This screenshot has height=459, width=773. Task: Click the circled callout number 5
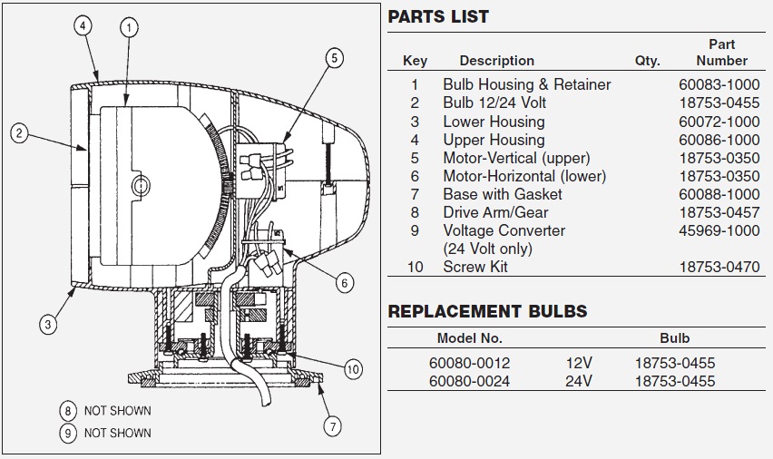[x=334, y=58]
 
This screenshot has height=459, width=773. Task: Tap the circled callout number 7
[x=332, y=426]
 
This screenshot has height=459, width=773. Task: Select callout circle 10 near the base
[x=353, y=369]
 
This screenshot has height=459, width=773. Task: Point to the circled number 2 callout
[x=19, y=133]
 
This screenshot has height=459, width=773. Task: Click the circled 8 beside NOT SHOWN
[x=68, y=411]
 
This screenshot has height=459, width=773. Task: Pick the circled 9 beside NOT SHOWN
[x=68, y=434]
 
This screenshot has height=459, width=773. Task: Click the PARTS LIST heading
[x=438, y=16]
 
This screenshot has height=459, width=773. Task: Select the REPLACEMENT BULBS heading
[x=487, y=311]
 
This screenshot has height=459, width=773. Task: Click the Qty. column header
[x=647, y=61]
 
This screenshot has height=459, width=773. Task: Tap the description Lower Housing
[x=494, y=122]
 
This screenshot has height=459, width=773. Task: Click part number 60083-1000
[x=719, y=84]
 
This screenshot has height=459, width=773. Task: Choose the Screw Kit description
[x=475, y=267]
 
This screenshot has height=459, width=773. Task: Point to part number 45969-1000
[x=719, y=230]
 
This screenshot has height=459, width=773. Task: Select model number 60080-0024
[x=469, y=381]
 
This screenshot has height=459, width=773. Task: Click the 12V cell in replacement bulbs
[x=579, y=364]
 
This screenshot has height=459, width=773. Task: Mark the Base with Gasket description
[x=503, y=194]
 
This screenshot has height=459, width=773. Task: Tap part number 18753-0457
[x=719, y=212]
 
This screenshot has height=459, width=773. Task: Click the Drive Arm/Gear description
[x=495, y=212]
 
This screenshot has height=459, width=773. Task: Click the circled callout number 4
[x=83, y=25]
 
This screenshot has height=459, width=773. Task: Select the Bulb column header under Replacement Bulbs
[x=674, y=338]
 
